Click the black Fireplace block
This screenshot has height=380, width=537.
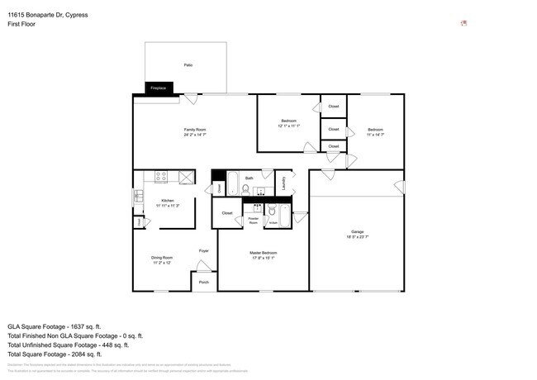[158, 88]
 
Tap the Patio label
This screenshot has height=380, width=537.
[188, 64]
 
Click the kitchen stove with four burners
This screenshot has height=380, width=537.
[162, 176]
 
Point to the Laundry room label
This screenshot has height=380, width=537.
[283, 183]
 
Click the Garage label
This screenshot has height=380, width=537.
[357, 232]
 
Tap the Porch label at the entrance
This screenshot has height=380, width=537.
[203, 283]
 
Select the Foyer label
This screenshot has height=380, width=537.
[203, 250]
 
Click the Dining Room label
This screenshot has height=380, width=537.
[162, 258]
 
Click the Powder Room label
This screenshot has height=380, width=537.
[254, 221]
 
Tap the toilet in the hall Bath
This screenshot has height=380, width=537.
[245, 188]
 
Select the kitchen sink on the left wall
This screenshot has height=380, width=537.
[138, 197]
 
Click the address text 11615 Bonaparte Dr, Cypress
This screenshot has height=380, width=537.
[47, 14]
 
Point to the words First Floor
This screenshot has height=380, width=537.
[21, 24]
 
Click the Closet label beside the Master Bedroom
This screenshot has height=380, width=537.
[227, 214]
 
